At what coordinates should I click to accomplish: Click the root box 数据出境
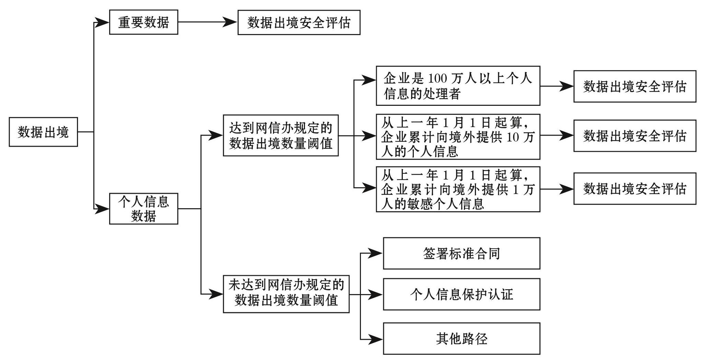click(x=43, y=132)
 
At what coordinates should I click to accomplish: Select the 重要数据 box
click(x=144, y=22)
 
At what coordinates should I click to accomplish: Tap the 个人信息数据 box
click(x=144, y=209)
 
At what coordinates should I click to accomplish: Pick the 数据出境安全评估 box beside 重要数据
click(x=299, y=22)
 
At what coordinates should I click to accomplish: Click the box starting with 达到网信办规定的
click(x=281, y=135)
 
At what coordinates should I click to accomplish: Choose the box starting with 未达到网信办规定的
click(x=286, y=294)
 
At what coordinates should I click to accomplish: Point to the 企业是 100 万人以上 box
click(x=458, y=86)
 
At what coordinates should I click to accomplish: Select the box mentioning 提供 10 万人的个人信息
click(x=458, y=137)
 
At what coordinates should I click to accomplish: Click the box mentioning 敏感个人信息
click(x=458, y=189)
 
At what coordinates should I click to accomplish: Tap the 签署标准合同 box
click(x=462, y=253)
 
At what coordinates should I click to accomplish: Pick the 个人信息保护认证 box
click(x=462, y=294)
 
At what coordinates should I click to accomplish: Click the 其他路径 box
click(x=462, y=338)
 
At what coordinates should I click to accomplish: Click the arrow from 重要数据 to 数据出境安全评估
click(x=208, y=22)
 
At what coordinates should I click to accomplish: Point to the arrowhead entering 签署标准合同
click(x=376, y=254)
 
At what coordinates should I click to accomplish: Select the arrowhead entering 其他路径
click(x=376, y=339)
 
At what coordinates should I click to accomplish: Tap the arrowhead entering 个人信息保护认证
click(x=376, y=294)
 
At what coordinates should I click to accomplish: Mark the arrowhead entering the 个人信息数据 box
click(x=102, y=209)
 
